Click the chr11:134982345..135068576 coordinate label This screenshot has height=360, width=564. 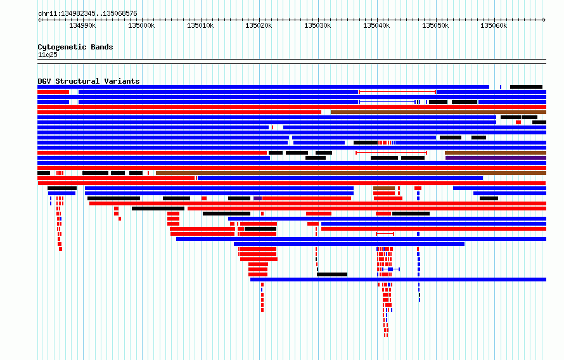point(87,14)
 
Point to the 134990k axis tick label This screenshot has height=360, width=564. point(82,25)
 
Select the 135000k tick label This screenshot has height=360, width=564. point(141,25)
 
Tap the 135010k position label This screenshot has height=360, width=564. point(200,25)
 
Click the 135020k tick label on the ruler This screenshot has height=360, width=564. point(259,25)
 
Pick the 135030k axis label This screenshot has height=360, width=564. point(317,25)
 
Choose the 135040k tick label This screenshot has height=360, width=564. point(376,25)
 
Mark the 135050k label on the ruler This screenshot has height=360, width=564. point(435,25)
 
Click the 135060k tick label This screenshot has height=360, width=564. point(494,25)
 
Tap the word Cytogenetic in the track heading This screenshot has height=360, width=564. point(62,47)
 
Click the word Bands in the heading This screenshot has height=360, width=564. point(102,47)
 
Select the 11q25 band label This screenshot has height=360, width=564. point(48,55)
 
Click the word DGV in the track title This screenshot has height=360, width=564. point(44,81)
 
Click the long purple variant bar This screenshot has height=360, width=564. point(496,158)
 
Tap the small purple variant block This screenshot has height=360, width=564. point(257,198)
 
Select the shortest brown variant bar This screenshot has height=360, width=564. point(384,188)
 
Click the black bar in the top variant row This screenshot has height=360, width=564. point(526,87)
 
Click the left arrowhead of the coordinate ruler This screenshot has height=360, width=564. point(39,20)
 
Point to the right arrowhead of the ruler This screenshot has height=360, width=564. point(544,20)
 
